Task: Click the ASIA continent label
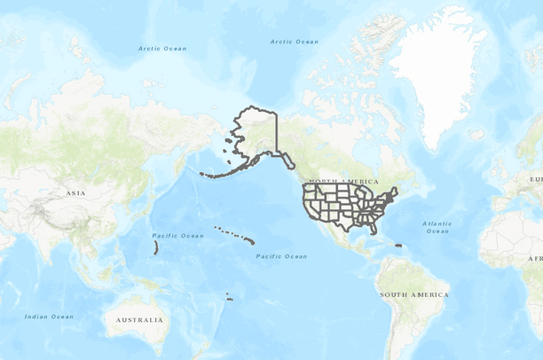[x=75, y=192]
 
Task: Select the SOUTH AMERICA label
[x=413, y=294]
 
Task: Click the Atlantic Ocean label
[x=437, y=227]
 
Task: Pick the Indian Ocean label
[x=49, y=317]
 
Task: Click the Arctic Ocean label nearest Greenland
[x=294, y=42]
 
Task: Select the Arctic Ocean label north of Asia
[x=162, y=48]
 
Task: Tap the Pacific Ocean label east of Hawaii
[x=282, y=256]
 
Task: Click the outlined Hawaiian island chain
[x=236, y=235]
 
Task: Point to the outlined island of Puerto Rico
[x=399, y=246]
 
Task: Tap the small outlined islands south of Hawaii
[x=229, y=297]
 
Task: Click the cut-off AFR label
[x=535, y=258]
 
